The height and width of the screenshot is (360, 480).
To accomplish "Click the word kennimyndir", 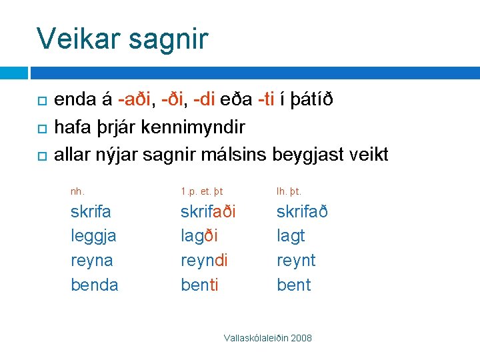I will click(203, 127).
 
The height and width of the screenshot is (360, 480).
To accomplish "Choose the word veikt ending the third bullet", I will click(364, 155).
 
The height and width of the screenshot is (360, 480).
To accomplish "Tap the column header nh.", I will click(78, 191).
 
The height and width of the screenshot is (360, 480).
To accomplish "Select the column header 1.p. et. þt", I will click(201, 191).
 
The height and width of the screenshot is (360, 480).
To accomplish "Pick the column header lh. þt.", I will click(289, 191).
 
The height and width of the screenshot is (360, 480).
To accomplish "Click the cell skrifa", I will click(91, 212).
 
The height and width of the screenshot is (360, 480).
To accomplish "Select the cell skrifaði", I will click(208, 212).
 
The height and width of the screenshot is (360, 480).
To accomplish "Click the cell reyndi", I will click(204, 261).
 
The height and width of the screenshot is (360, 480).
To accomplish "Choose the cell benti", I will click(199, 285).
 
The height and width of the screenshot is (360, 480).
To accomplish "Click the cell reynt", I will click(296, 261).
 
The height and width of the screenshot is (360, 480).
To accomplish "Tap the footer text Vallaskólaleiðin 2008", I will click(267, 339).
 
